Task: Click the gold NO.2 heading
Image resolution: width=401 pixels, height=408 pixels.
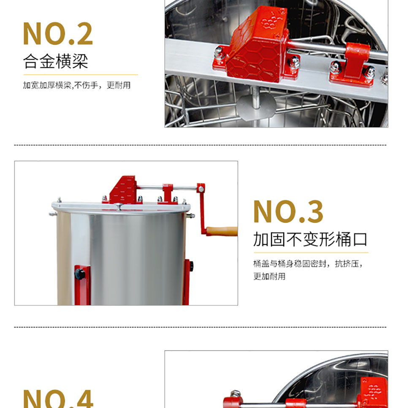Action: [x=58, y=33]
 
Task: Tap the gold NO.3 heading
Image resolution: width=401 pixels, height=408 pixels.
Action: [x=288, y=212]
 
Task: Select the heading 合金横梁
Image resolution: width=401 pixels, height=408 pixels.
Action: [x=56, y=61]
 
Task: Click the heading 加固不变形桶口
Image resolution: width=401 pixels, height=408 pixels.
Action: [x=310, y=239]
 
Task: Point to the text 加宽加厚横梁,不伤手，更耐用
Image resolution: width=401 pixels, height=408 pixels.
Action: [x=77, y=85]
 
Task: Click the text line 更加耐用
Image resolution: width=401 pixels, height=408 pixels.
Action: [x=269, y=276]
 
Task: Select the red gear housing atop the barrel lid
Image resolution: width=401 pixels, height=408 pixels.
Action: [x=122, y=190]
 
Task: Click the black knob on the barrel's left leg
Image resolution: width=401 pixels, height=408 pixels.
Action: [x=80, y=274]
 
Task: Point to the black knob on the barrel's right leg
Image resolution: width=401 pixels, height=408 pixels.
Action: [x=191, y=266]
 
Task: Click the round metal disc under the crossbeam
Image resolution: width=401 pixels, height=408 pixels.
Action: [x=256, y=107]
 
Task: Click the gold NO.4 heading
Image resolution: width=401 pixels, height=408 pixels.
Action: [x=58, y=399]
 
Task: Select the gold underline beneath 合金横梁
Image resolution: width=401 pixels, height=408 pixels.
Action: [x=81, y=75]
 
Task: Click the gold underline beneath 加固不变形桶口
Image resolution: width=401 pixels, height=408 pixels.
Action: [x=311, y=252]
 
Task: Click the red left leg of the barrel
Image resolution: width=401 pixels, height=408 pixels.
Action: [x=82, y=285]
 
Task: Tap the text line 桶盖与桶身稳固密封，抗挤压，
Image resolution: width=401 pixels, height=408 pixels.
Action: [x=308, y=263]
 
